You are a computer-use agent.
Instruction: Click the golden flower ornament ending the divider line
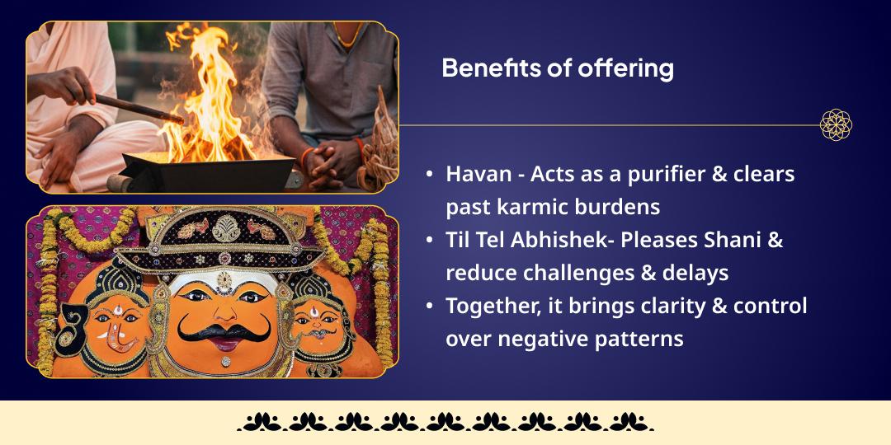835,125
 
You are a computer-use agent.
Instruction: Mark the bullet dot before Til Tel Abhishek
429,241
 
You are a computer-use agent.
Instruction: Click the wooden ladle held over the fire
136,109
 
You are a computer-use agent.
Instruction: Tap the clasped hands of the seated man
334,156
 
